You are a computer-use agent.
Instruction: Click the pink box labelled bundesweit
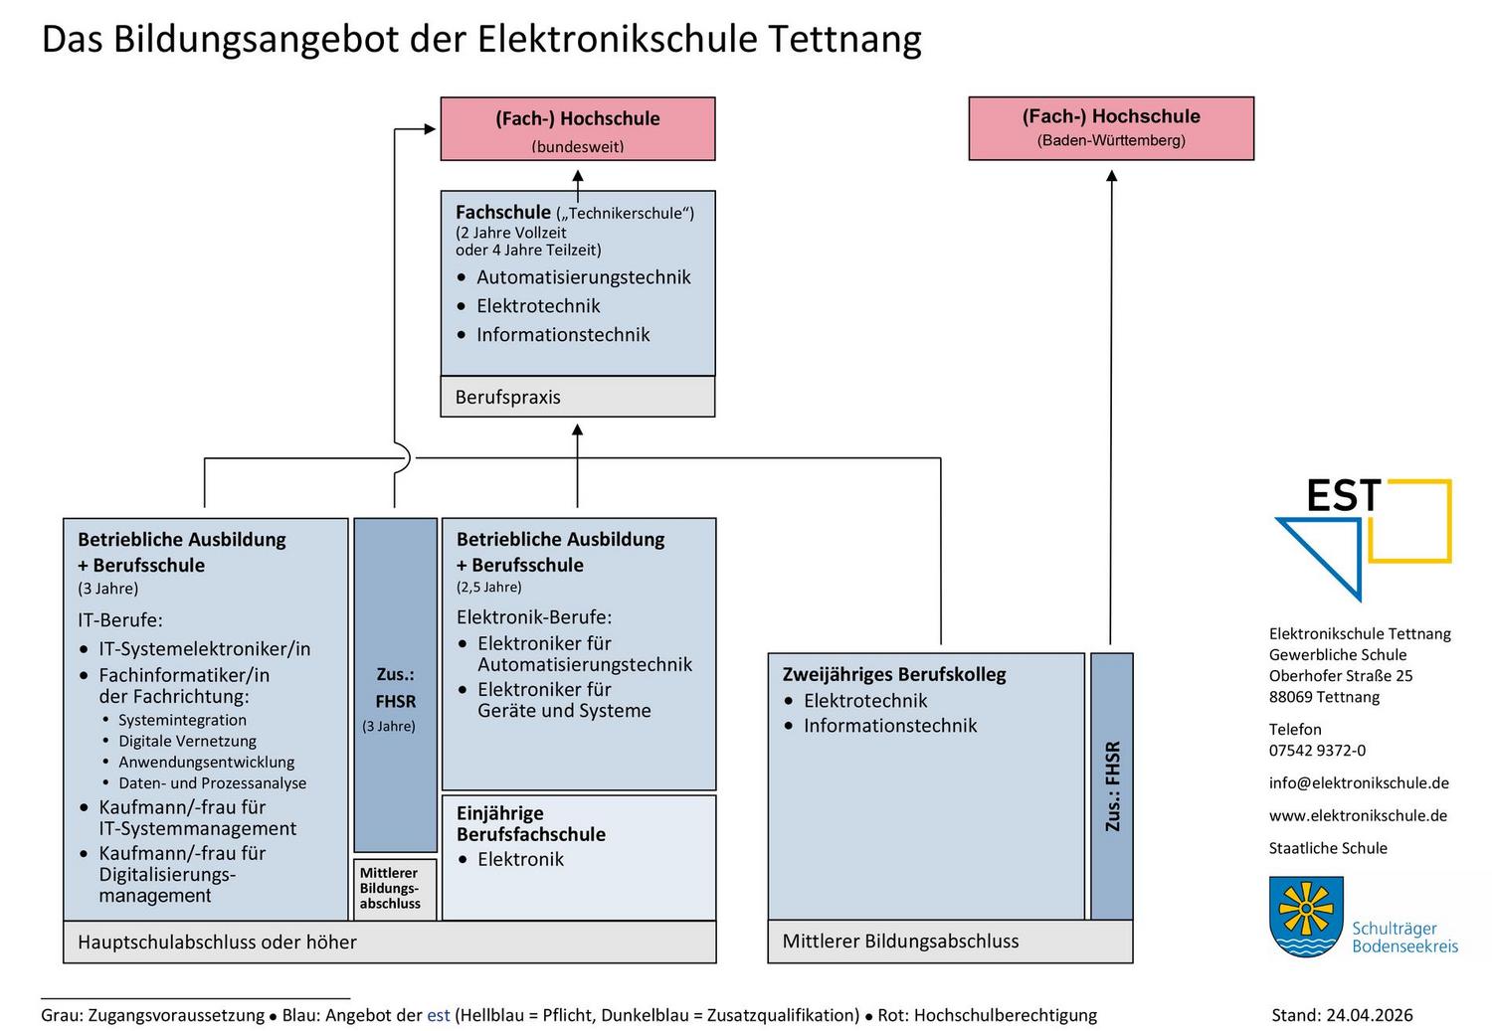578,128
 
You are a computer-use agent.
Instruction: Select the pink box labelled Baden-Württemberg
1111,128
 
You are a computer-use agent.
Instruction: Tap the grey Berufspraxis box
578,397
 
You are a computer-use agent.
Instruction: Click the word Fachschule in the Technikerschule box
503,213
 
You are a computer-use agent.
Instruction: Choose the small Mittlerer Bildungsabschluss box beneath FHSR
395,889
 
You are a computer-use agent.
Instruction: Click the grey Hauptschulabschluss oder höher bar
390,942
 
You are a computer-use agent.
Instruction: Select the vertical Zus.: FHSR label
1112,786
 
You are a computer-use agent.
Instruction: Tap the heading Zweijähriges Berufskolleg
894,674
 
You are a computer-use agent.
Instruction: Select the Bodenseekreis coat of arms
1305,917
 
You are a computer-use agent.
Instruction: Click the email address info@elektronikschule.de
1359,782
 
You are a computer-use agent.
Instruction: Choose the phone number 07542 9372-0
1317,750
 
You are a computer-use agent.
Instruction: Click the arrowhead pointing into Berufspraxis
578,430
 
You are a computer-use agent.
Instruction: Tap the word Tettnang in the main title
844,39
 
